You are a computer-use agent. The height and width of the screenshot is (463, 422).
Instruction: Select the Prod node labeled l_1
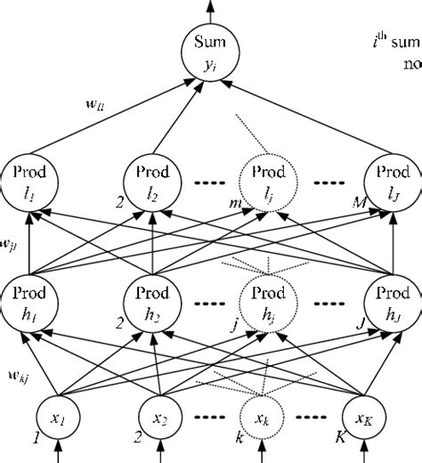pos(28,180)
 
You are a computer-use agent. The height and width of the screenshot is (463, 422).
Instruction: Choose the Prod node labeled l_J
pos(392,180)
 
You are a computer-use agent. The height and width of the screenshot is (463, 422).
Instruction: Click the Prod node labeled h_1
pos(28,303)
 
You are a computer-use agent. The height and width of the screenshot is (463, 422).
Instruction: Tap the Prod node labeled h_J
pos(392,303)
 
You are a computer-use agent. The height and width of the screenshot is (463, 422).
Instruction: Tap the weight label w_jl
pos(11,241)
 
